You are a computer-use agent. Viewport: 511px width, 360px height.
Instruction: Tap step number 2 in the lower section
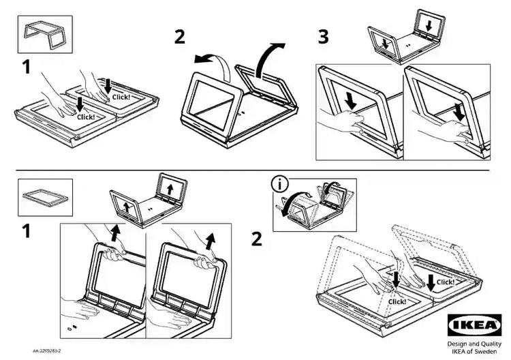click(256, 239)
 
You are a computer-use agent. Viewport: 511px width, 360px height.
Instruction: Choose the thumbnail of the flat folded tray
click(44, 194)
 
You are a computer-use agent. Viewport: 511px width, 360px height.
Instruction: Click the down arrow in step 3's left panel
click(350, 100)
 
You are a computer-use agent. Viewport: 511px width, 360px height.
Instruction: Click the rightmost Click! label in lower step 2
click(445, 282)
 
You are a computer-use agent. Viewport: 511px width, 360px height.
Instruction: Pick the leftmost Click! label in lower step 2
click(397, 301)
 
